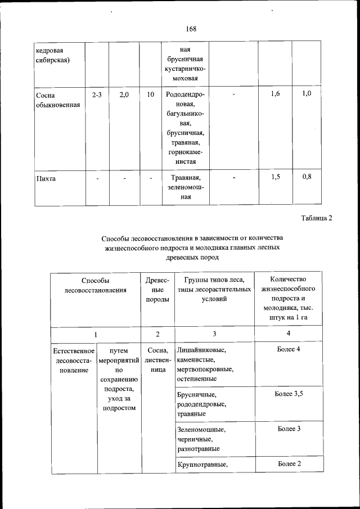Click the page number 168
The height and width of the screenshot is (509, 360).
coord(190,29)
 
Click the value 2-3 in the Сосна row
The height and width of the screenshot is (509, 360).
coord(96,94)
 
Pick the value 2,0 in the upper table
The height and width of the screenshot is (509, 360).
coord(124,94)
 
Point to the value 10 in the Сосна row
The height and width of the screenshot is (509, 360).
coord(150,94)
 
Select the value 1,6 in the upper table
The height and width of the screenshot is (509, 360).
coord(275,94)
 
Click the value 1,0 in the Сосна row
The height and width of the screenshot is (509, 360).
coord(306,93)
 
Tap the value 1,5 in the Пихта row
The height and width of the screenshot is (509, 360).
coord(275,178)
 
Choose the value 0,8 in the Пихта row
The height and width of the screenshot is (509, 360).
coord(306,178)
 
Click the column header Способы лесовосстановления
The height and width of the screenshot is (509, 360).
coord(95,285)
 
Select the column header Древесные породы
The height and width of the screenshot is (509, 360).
coord(157,290)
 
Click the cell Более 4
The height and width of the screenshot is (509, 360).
coord(289,350)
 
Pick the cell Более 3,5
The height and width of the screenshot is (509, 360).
coord(289,394)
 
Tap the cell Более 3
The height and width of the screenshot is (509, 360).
coord(289,429)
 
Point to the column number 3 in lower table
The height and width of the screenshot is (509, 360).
coord(214,334)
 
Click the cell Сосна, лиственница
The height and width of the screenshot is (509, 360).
coord(157,361)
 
